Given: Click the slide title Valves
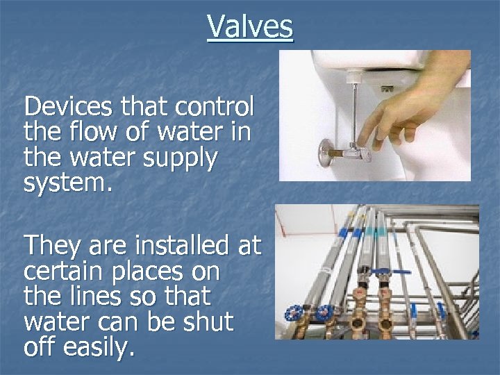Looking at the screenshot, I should click(x=250, y=28).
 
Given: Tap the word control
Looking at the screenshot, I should click(x=217, y=108).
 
